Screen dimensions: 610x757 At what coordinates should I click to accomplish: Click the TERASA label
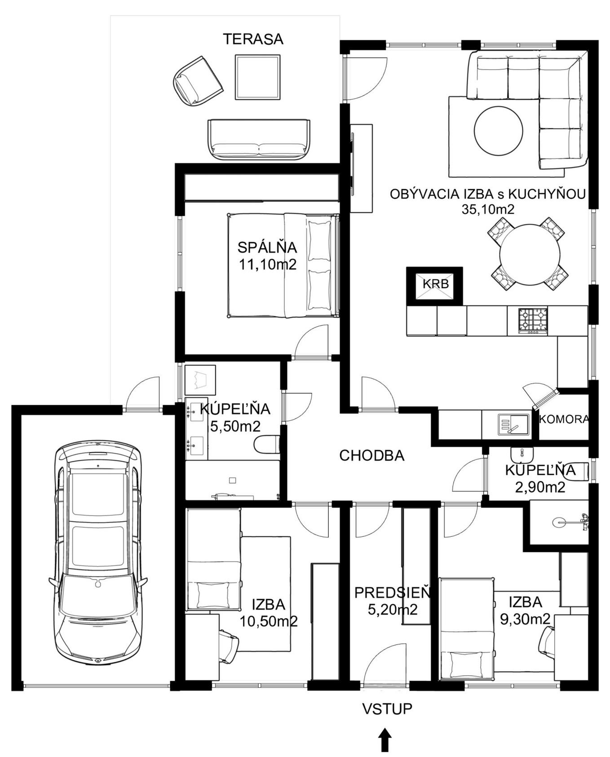coord(253,39)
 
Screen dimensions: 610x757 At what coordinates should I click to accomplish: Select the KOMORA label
coord(564,419)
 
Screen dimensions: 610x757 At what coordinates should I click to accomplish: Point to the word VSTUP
coord(387,708)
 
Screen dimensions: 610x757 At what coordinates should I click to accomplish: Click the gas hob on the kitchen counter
coord(533,320)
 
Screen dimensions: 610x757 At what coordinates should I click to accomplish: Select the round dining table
coord(530,254)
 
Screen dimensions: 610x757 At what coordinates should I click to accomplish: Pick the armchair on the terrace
coord(198,81)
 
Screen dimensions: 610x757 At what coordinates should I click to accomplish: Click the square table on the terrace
coord(257,77)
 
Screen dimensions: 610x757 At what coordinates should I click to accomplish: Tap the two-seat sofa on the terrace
coord(258,139)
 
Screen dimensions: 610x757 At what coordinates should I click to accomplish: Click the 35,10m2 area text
coord(488,209)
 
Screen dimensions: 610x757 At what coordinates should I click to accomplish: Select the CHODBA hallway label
coord(372,456)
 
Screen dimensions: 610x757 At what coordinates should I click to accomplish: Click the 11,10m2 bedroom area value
coord(268,264)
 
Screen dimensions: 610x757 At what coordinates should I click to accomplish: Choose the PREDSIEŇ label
coord(393,593)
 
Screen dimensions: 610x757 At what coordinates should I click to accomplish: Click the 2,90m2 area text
coord(540,487)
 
